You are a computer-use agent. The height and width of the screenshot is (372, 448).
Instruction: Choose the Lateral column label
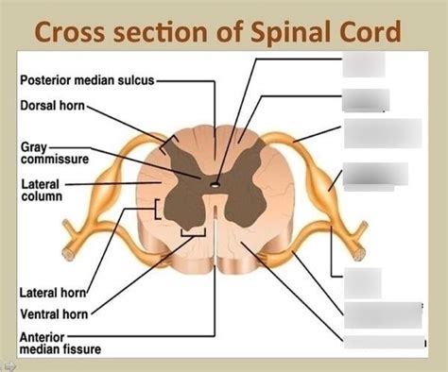43,190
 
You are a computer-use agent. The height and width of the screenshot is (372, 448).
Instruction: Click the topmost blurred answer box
364,63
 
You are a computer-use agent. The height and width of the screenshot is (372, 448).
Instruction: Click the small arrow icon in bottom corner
9,364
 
